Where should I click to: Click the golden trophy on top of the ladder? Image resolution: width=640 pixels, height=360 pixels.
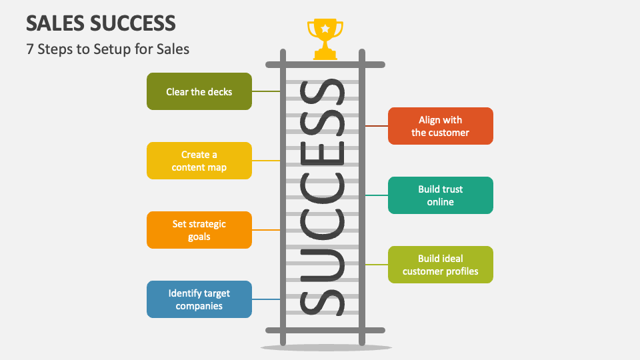coord(325,39)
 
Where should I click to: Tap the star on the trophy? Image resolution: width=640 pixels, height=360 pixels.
coord(325,29)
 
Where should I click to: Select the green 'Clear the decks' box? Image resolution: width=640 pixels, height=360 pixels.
coord(199,91)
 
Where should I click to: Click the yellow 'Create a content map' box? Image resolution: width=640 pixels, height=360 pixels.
coord(199,161)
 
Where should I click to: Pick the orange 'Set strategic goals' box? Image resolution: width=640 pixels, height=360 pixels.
coord(199,230)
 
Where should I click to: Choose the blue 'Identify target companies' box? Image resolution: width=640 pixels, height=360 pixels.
coord(199,299)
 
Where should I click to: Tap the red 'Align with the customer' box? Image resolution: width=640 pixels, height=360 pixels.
coord(441,126)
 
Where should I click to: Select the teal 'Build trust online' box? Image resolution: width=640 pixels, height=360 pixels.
coord(441,195)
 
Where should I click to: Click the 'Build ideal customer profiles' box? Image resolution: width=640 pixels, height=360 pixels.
coord(441,265)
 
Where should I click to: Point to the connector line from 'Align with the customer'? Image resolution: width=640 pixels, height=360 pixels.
coord(377,126)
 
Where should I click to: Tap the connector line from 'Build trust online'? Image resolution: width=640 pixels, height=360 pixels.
coord(377,195)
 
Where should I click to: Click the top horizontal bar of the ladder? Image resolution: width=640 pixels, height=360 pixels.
coord(325,65)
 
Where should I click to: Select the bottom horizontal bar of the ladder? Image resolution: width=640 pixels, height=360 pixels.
coord(325,330)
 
